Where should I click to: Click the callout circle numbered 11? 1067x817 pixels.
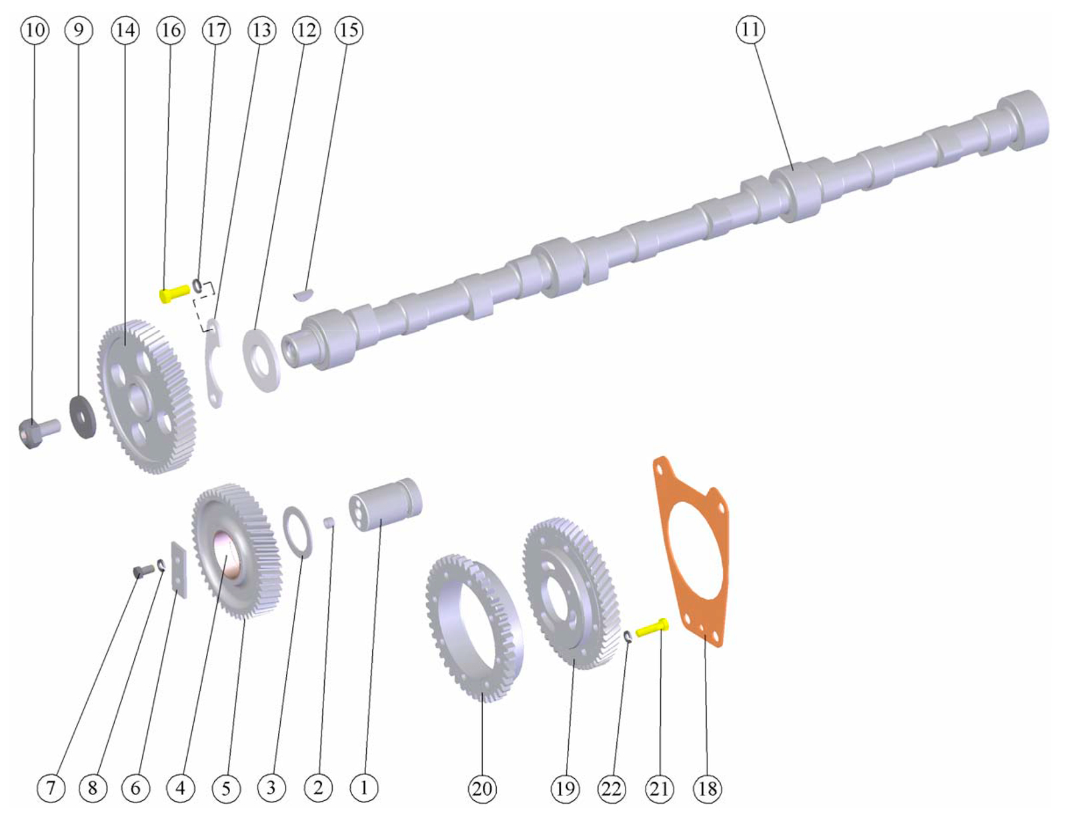pos(750,29)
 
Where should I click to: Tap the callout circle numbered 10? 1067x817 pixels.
pos(35,31)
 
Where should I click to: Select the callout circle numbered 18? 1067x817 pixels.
pos(708,789)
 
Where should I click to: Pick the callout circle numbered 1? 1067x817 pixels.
pos(364,788)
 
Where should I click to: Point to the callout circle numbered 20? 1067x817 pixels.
pos(482,789)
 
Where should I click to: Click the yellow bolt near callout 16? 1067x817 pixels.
pos(175,293)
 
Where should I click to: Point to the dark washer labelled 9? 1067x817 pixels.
pos(83,416)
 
